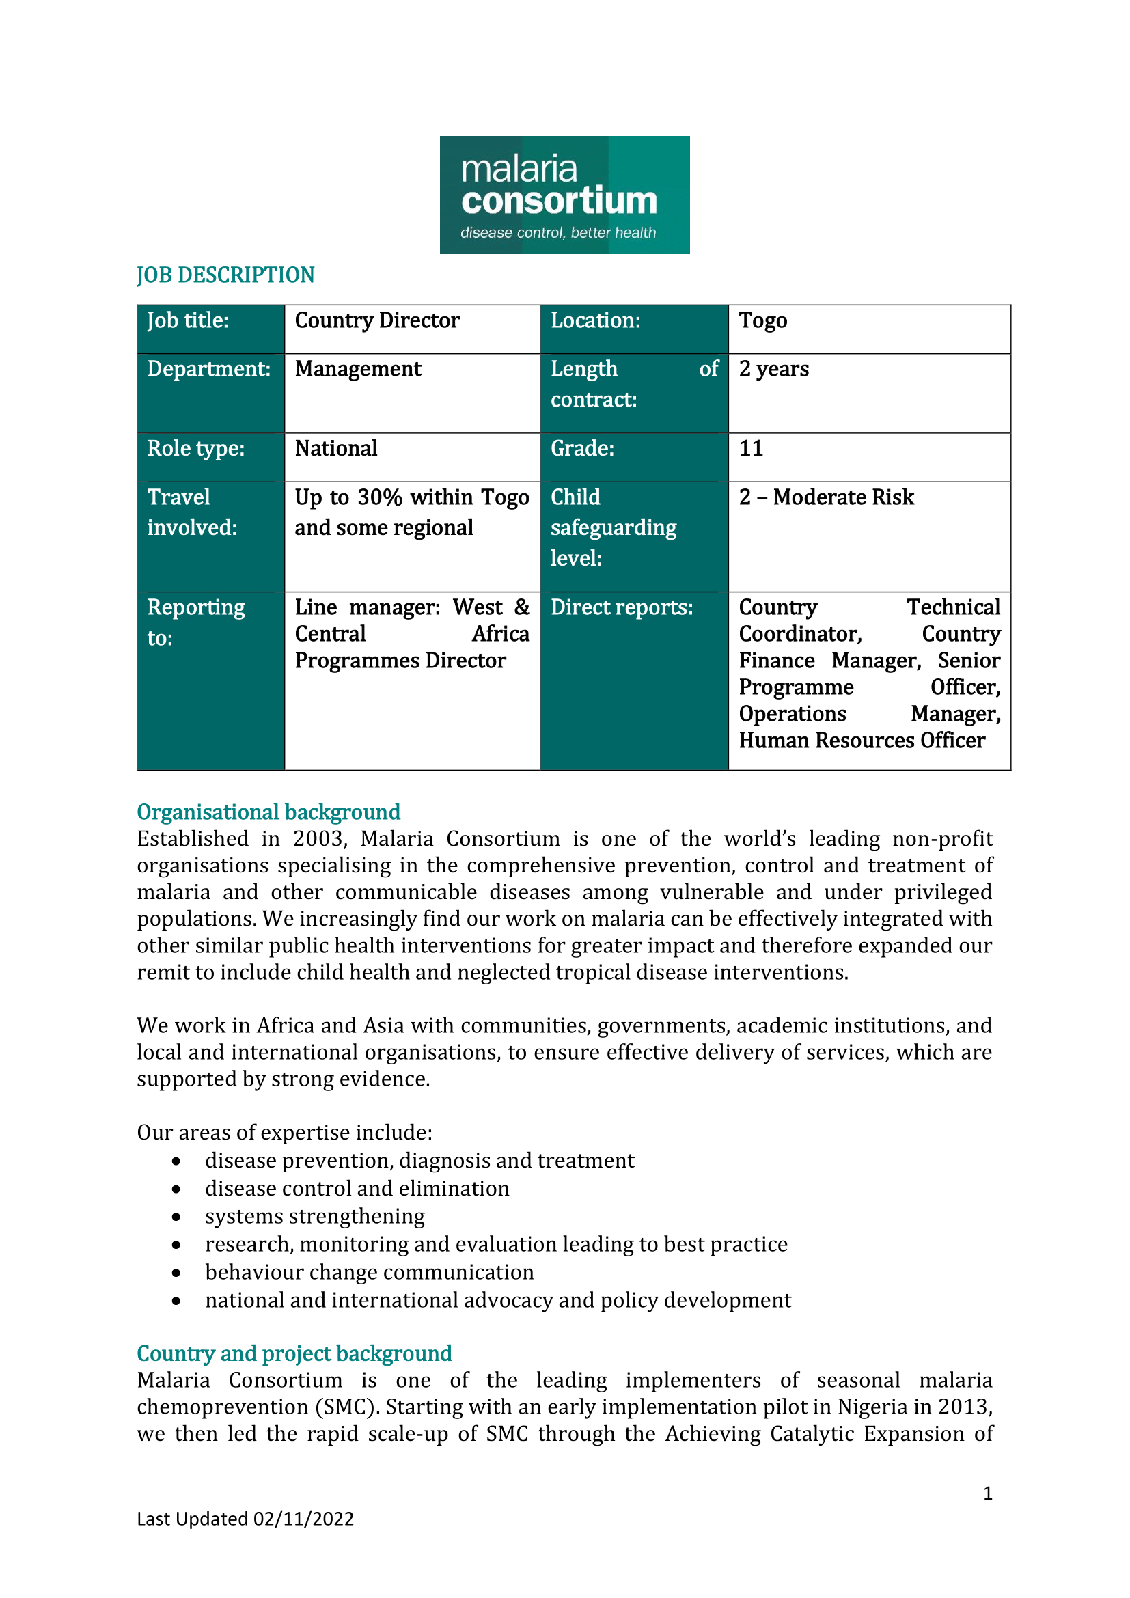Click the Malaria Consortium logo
pyautogui.click(x=564, y=195)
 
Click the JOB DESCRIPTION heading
pyautogui.click(x=225, y=275)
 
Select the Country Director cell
pyautogui.click(x=376, y=321)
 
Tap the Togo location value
pyautogui.click(x=762, y=321)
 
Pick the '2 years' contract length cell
pyautogui.click(x=774, y=369)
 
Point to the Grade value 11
pyautogui.click(x=751, y=448)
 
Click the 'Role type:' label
pyautogui.click(x=195, y=449)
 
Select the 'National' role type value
pyautogui.click(x=336, y=449)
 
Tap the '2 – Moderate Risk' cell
pyautogui.click(x=826, y=497)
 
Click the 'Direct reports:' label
pyautogui.click(x=621, y=607)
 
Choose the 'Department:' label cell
pyautogui.click(x=209, y=369)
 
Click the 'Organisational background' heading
pyautogui.click(x=268, y=812)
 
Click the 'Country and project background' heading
pyautogui.click(x=294, y=1353)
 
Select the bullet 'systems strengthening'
pyautogui.click(x=314, y=1216)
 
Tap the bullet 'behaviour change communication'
pyautogui.click(x=370, y=1271)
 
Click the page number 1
pyautogui.click(x=987, y=1493)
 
